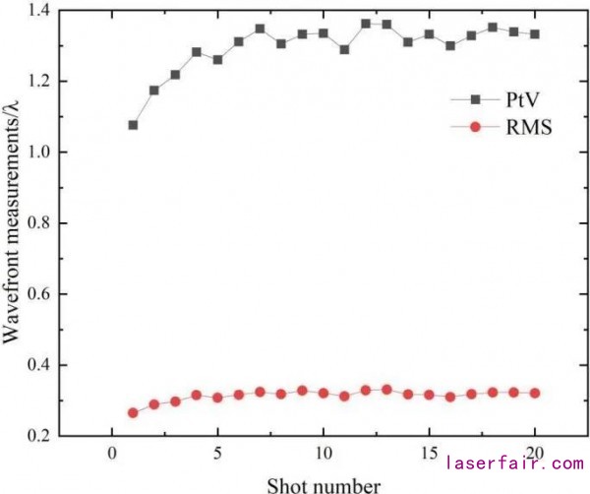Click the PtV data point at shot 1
click(x=133, y=125)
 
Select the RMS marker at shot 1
click(x=133, y=412)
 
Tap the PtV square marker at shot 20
click(x=535, y=33)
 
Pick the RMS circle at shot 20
click(x=535, y=393)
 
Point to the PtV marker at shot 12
click(x=366, y=23)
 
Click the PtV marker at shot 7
click(x=260, y=29)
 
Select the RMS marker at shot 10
click(x=324, y=393)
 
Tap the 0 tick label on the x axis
click(x=111, y=460)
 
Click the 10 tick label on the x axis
click(x=323, y=460)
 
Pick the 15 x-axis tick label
click(x=429, y=460)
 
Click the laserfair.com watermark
click(x=515, y=462)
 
